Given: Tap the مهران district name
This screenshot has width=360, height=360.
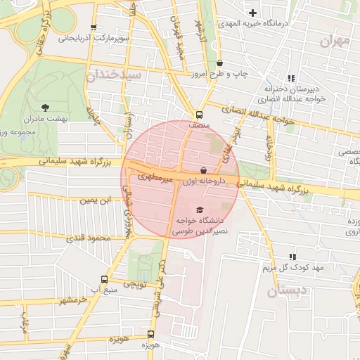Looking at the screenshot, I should tap(334, 41).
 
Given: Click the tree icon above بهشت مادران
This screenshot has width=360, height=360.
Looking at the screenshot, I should tap(46, 108).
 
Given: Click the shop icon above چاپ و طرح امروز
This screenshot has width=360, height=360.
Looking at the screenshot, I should tap(219, 63).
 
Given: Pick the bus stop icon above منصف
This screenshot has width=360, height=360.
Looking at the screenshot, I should tap(200, 114).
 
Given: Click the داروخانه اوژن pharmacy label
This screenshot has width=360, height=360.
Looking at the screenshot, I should tap(204, 181).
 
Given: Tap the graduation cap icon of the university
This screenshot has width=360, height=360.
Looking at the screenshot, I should tap(200, 210).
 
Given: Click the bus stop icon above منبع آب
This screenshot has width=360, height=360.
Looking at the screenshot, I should tap(104, 278).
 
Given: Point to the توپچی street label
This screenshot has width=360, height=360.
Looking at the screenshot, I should tap(135, 284).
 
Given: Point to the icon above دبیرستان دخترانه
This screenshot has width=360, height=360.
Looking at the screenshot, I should tap(291, 78).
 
